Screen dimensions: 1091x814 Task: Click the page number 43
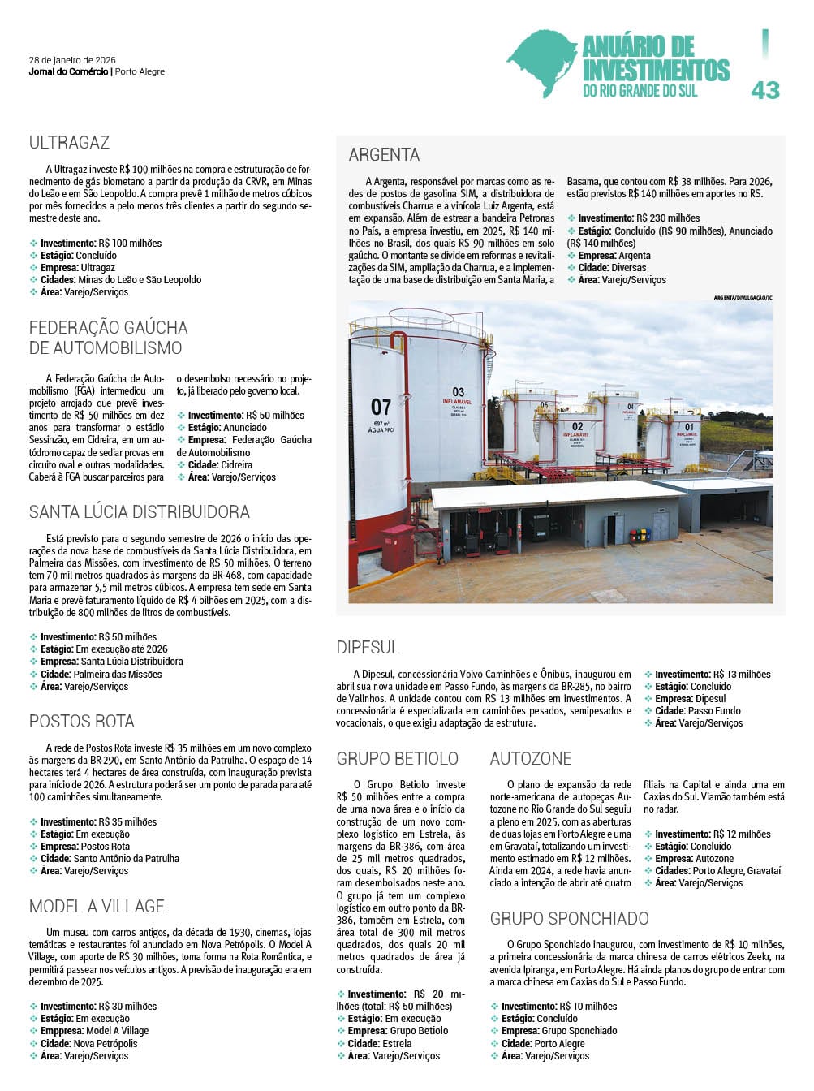764,90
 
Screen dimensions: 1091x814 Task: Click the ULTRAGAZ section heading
69,143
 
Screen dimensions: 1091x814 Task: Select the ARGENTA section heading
384,154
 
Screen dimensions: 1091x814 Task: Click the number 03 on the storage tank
459,392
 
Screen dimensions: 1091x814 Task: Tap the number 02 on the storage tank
577,426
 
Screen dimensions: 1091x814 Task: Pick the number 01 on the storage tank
689,427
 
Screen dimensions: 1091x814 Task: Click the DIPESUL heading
368,648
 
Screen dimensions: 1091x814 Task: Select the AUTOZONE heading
531,759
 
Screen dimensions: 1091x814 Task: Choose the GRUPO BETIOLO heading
398,759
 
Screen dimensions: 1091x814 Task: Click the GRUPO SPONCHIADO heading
569,919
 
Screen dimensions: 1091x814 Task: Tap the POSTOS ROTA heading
81,722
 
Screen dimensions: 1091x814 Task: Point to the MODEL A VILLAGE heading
97,907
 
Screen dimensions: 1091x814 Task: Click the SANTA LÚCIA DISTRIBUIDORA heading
140,512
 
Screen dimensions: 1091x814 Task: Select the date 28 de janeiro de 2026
72,60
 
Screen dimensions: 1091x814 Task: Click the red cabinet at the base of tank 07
398,549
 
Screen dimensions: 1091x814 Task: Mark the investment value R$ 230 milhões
668,218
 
